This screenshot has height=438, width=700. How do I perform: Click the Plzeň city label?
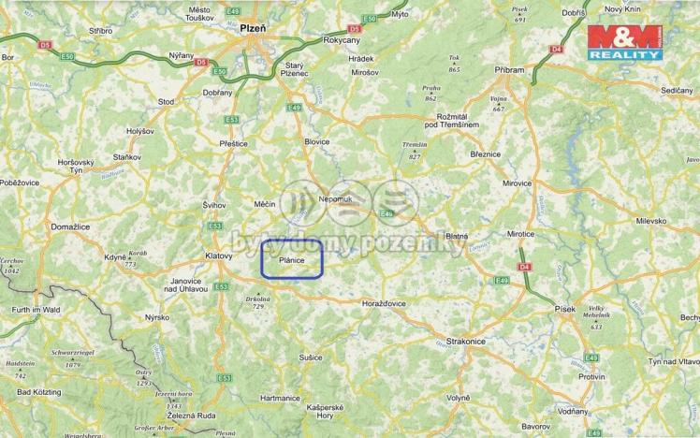(254, 28)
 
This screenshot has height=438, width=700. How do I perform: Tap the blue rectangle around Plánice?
(291, 259)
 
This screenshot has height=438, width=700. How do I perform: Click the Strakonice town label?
(465, 342)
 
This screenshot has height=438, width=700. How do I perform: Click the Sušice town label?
(311, 358)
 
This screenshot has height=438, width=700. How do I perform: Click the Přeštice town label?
(233, 143)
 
